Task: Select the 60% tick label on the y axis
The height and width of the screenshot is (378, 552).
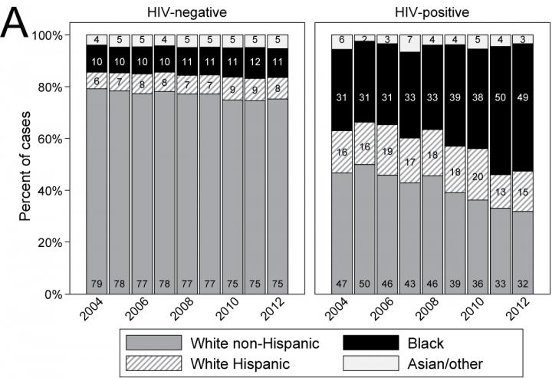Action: (x=61, y=139)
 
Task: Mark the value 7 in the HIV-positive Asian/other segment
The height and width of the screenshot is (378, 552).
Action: (x=412, y=39)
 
